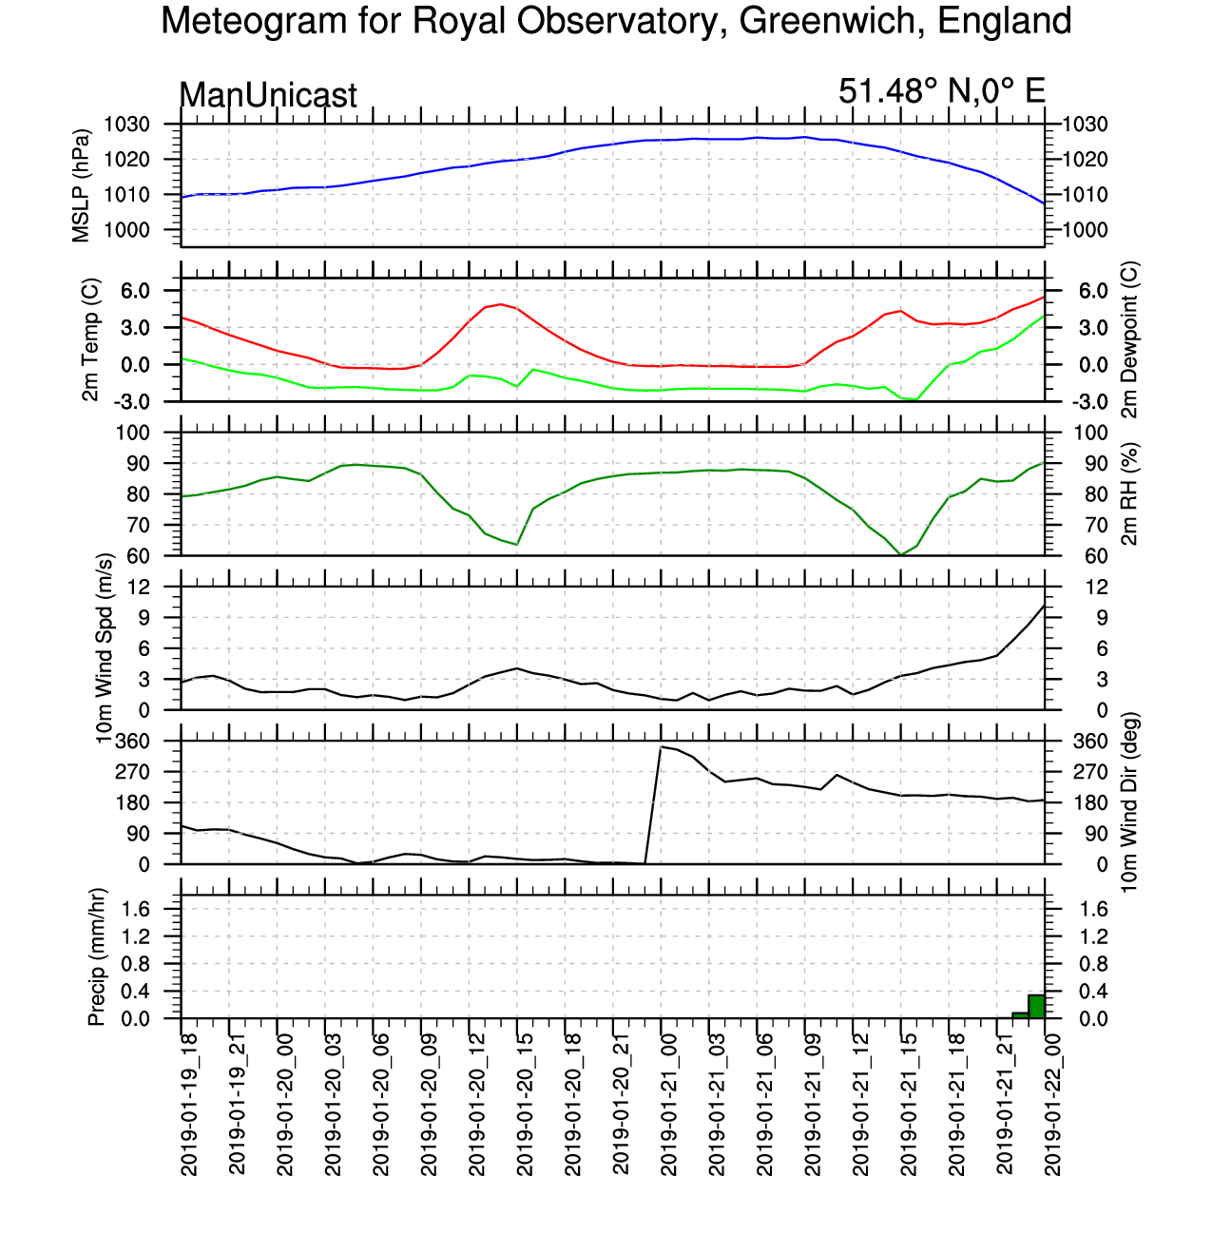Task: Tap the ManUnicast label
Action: (x=268, y=95)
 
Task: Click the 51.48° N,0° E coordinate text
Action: (x=941, y=91)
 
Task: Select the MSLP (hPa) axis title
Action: (x=81, y=185)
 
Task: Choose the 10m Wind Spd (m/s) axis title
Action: (x=104, y=648)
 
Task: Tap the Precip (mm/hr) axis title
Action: (x=96, y=956)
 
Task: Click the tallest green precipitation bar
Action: (x=1036, y=1006)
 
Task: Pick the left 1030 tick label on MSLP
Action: (x=127, y=125)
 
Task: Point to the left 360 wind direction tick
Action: (x=132, y=742)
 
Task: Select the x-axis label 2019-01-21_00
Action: (x=668, y=1105)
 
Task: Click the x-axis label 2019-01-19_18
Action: (x=188, y=1105)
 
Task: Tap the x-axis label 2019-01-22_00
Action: (x=1051, y=1105)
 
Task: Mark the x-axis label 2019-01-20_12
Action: (x=476, y=1105)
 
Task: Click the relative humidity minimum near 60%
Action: (x=900, y=555)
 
